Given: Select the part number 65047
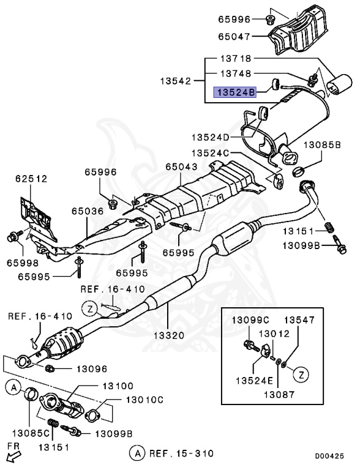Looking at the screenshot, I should pos(235,37).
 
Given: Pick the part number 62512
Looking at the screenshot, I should pos(31,178).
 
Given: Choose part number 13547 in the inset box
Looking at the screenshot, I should pos(298,320).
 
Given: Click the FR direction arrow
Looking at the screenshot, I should pos(13,455).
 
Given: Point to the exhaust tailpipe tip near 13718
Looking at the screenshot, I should pos(336,85).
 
